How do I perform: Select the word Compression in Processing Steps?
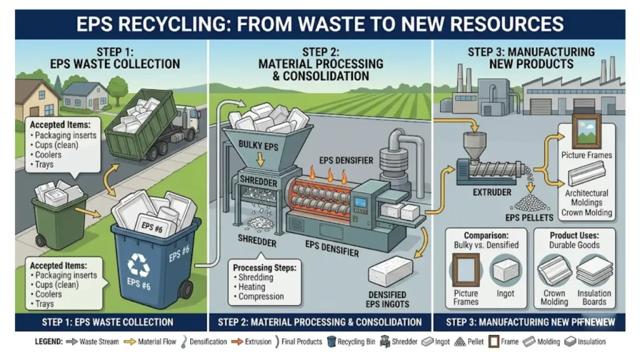pos(261,296)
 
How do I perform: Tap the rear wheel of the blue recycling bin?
pos(185,289)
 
